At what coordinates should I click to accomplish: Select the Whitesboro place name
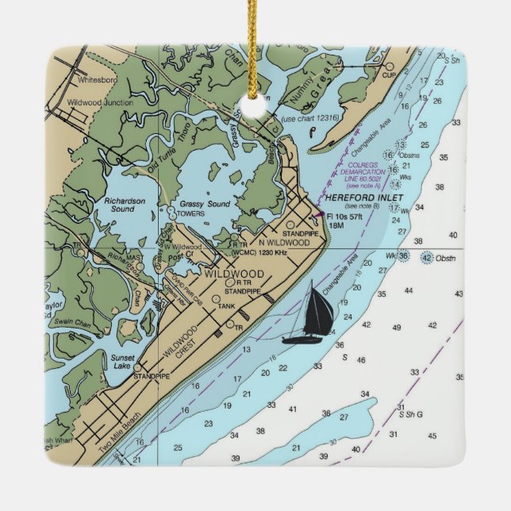coord(98,80)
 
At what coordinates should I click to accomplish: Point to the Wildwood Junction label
coord(100,102)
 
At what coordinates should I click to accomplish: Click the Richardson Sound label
coord(125,206)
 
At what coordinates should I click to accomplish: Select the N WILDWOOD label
coord(283,243)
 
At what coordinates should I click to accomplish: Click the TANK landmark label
coord(229,306)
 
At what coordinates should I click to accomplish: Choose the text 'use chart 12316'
coord(310,118)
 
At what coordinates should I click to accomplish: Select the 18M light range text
coord(337,226)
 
